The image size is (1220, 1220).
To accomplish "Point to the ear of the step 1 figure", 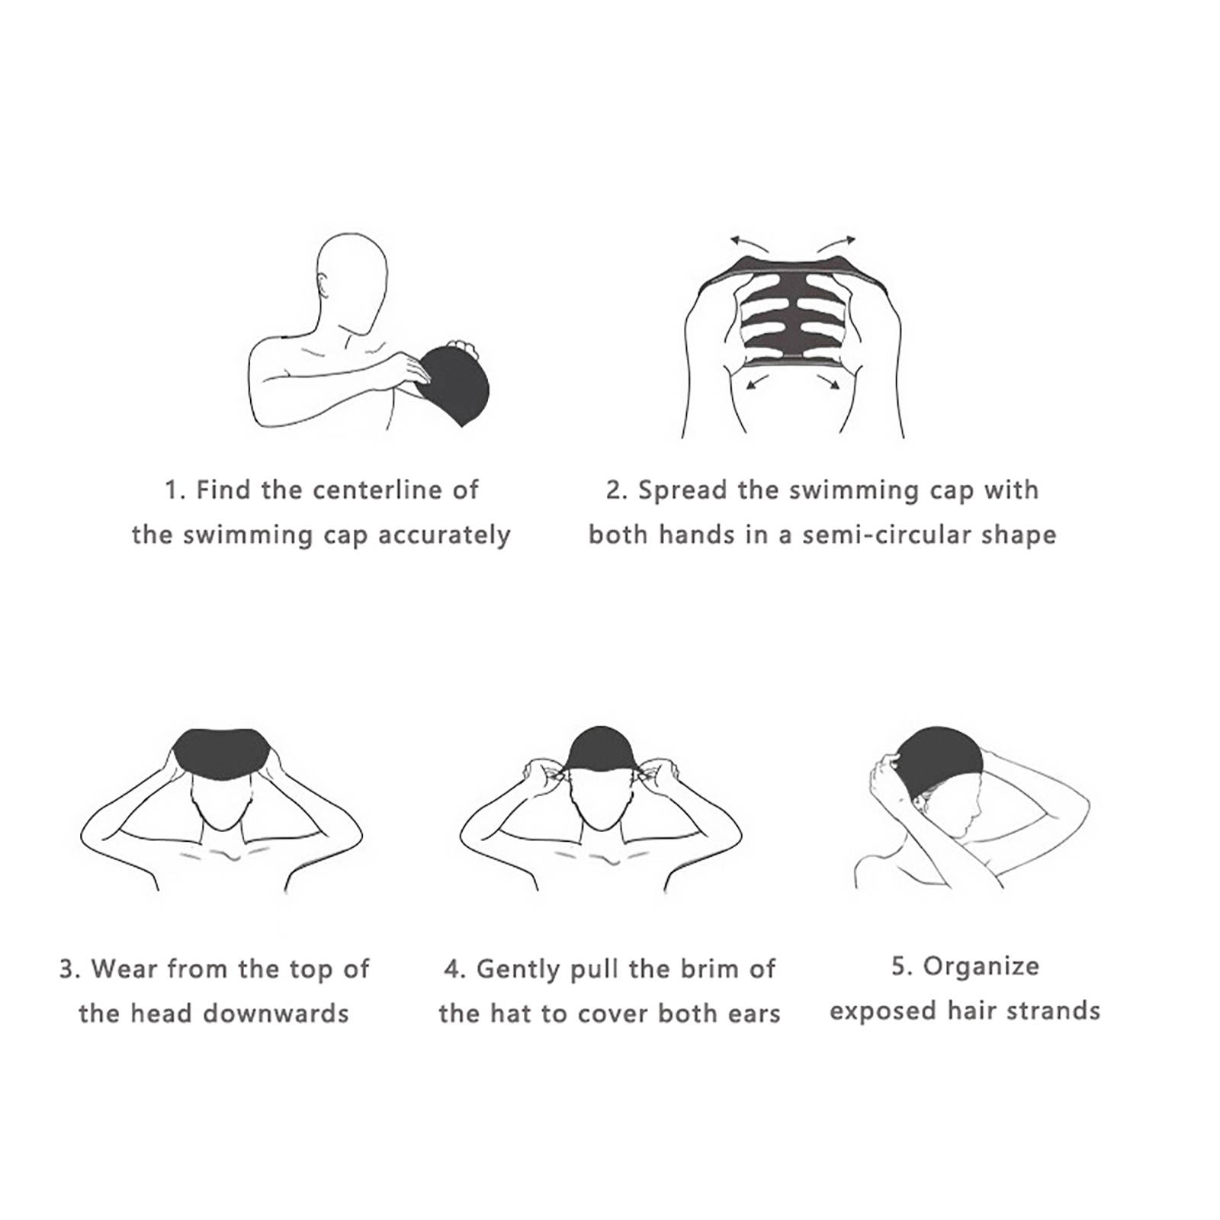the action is [x=324, y=287].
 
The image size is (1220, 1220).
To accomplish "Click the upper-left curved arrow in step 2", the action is [x=750, y=243].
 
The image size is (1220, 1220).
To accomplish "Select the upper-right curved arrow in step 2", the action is [x=836, y=243].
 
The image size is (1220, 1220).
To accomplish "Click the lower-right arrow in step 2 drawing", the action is [x=828, y=381].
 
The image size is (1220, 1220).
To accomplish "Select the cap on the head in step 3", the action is [x=222, y=753].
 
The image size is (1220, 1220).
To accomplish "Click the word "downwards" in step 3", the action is [x=276, y=1013].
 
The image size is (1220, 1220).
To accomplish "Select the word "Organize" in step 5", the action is [x=981, y=967].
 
